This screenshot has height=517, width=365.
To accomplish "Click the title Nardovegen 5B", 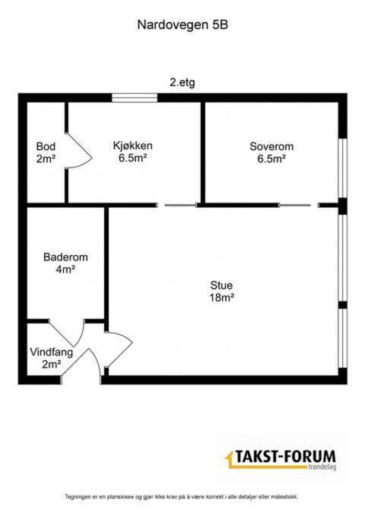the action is click(x=182, y=25).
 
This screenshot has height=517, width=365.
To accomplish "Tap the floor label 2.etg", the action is click(x=182, y=82).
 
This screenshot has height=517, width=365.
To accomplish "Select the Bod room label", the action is click(x=46, y=146).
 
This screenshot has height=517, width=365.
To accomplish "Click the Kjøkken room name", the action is click(x=133, y=145).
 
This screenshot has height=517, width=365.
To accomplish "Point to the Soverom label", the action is click(x=271, y=146).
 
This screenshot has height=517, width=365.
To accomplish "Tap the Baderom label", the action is click(x=65, y=257).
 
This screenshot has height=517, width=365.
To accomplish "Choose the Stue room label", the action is click(x=222, y=286).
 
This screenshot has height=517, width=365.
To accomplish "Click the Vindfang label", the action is click(x=52, y=352).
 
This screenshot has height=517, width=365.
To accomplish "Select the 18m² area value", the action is click(x=222, y=298).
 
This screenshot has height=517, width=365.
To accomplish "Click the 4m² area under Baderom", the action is click(x=65, y=270).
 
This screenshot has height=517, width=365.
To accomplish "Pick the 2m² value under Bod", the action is click(x=46, y=158).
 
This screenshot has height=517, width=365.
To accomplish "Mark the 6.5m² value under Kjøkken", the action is click(x=133, y=158).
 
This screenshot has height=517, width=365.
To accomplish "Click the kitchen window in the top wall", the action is click(x=135, y=98).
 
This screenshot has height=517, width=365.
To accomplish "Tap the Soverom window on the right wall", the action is click(x=343, y=168).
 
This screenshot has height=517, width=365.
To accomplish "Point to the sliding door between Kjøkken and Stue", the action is click(x=180, y=205).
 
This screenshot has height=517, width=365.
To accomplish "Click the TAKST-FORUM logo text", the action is click(x=285, y=457).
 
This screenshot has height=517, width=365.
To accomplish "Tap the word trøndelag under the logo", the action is click(x=323, y=467).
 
